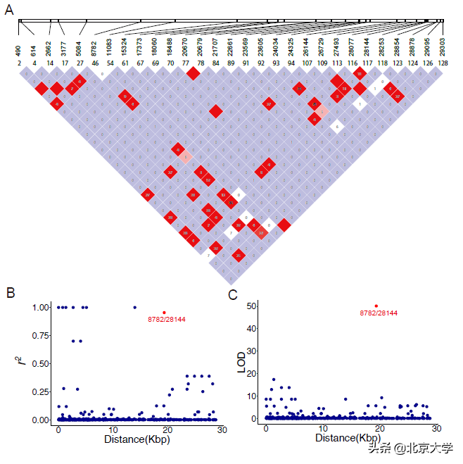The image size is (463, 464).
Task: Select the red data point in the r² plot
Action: pyautogui.click(x=164, y=312)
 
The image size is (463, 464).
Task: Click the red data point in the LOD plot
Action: pyautogui.click(x=376, y=306)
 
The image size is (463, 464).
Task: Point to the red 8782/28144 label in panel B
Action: pyautogui.click(x=167, y=320)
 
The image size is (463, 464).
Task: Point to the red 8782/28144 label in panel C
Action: pyautogui.click(x=378, y=314)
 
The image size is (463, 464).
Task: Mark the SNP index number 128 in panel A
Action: pyautogui.click(x=443, y=63)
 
